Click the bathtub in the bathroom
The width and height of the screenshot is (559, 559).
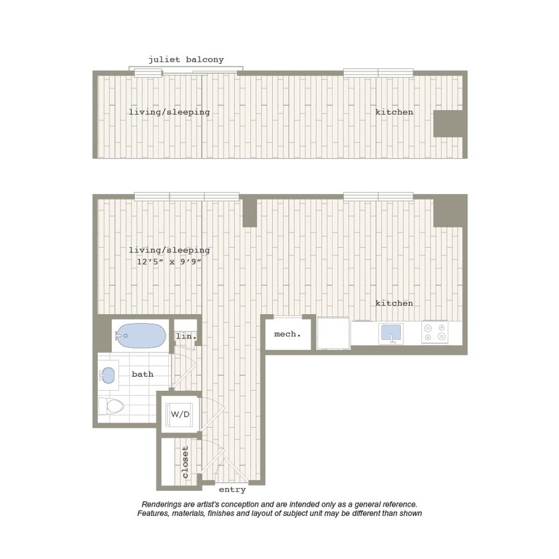[142, 336]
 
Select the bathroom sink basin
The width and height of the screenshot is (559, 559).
[109, 376]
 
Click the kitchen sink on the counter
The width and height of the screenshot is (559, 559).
[391, 333]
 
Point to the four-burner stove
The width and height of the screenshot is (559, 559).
[435, 332]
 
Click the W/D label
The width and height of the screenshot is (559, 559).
[180, 415]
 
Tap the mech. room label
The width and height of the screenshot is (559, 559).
[287, 334]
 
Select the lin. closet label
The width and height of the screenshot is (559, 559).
[186, 336]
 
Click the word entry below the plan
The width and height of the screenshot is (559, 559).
[232, 490]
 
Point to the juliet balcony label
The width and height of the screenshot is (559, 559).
[186, 60]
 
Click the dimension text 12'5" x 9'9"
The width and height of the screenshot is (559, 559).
[169, 262]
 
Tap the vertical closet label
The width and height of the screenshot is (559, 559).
[185, 462]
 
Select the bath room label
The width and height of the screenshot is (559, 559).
[142, 374]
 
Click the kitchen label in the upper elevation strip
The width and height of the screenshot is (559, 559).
[394, 113]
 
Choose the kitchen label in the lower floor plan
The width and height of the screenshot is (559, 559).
[394, 303]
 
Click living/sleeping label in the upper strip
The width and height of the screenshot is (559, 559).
[169, 113]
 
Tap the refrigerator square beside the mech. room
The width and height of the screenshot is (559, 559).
[333, 333]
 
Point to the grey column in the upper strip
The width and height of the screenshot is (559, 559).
[448, 124]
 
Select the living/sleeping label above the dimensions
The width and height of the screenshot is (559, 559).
[169, 250]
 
